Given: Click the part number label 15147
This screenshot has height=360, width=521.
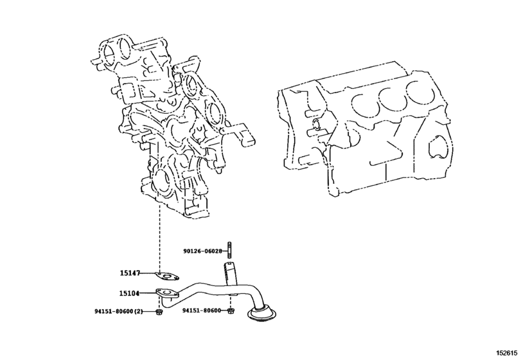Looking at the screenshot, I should click(x=130, y=273).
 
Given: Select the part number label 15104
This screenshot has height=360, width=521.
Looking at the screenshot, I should click(x=130, y=293).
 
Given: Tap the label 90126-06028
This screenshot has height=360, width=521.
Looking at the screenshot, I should click(x=201, y=251).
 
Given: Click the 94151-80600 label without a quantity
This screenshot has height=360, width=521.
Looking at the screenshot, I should click(x=201, y=311).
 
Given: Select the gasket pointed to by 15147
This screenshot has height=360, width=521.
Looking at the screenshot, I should click(x=167, y=277).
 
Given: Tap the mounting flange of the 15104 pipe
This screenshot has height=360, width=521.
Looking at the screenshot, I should click(x=166, y=295).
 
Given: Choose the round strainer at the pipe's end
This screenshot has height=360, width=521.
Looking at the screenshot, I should click(x=263, y=316).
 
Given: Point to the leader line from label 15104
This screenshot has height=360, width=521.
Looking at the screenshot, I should click(x=149, y=293).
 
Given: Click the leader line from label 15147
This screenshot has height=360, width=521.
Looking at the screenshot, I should click(x=149, y=274).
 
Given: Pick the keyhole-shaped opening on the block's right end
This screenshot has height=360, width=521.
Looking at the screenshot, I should click(x=437, y=146).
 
